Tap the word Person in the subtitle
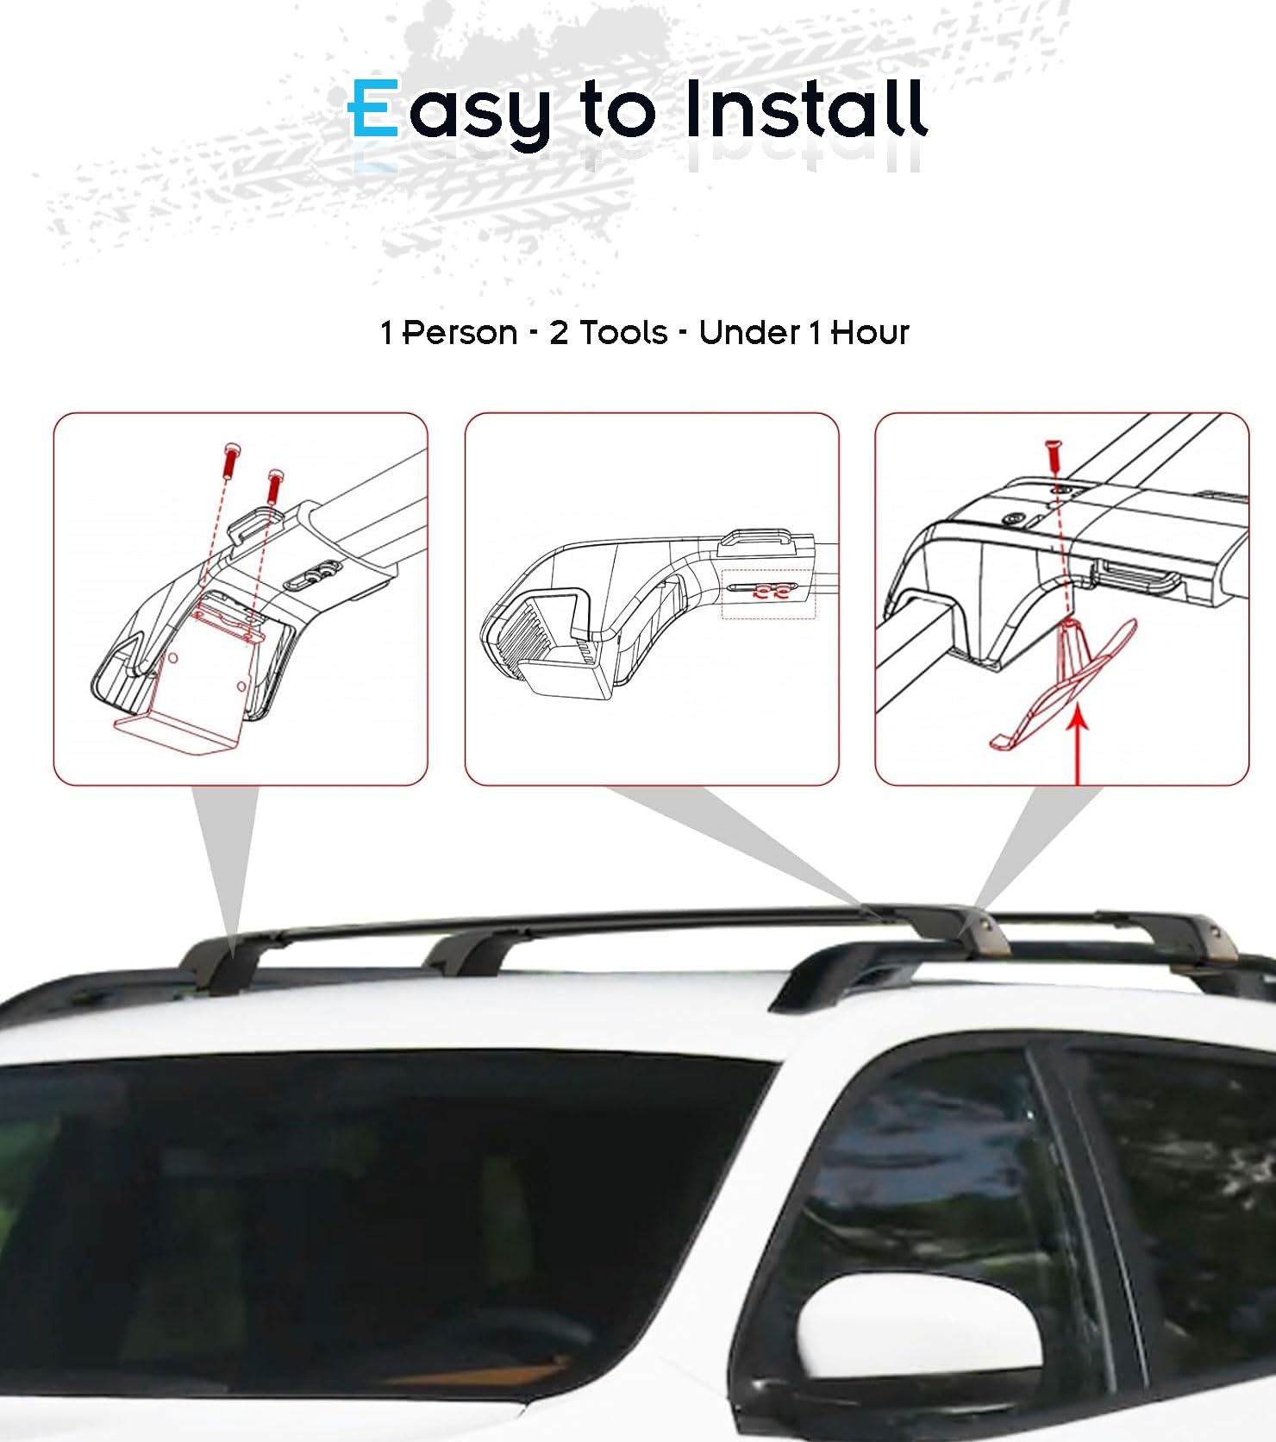point(460,332)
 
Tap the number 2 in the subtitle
point(559,332)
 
